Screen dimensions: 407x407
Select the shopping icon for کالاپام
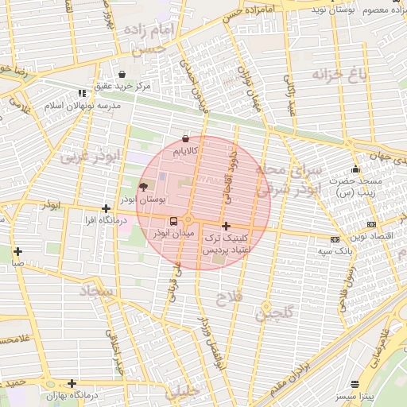click(x=185, y=138)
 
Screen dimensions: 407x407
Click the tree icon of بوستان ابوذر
click(x=143, y=188)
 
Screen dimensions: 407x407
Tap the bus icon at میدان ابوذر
click(x=173, y=221)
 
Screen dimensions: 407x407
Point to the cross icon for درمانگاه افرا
click(x=106, y=208)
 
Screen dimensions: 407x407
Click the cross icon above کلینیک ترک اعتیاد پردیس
click(x=227, y=226)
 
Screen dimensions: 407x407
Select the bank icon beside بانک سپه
click(x=335, y=239)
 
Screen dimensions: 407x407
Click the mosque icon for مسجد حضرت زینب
click(x=355, y=169)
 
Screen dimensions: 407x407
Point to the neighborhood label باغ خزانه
click(x=340, y=77)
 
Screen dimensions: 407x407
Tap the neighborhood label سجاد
click(x=97, y=292)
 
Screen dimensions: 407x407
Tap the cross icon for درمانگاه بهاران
click(x=72, y=384)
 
